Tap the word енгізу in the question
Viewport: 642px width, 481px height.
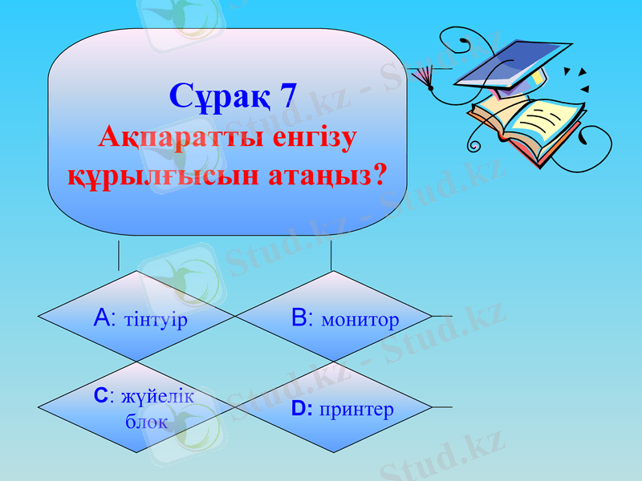(x=304, y=137)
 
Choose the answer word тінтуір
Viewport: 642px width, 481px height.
(x=156, y=321)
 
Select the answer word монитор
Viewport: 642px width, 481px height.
(x=360, y=321)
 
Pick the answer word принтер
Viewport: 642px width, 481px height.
(x=356, y=410)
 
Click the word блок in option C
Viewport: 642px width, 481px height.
(x=147, y=422)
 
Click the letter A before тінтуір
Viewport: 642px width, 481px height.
(x=102, y=319)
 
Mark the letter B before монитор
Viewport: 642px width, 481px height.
(x=299, y=319)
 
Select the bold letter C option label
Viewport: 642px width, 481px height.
(x=100, y=396)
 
